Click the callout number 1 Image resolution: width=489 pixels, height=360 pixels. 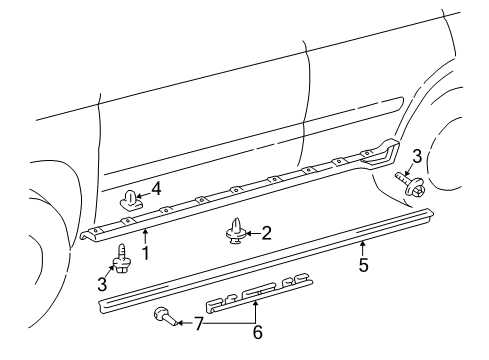(145, 253)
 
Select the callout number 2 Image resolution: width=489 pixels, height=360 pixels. (266, 233)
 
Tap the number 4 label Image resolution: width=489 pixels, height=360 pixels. (156, 189)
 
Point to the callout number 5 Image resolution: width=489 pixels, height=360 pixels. (364, 265)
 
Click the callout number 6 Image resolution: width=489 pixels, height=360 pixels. (258, 332)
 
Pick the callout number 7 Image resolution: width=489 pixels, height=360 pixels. (199, 323)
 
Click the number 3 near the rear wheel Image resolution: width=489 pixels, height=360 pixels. (417, 156)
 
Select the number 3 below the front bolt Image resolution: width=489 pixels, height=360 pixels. (102, 284)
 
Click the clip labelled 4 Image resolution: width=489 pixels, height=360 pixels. (130, 200)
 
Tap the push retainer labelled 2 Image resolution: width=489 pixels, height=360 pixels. (236, 231)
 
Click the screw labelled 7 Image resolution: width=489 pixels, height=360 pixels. (165, 316)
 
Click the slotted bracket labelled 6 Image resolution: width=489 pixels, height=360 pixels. (259, 292)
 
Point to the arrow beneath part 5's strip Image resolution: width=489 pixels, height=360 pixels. (363, 249)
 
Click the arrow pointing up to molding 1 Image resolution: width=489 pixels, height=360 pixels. (145, 237)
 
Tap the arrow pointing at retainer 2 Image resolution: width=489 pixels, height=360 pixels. (253, 233)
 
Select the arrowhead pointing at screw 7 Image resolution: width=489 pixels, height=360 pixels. (179, 323)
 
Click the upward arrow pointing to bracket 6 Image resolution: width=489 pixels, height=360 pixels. (255, 312)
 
